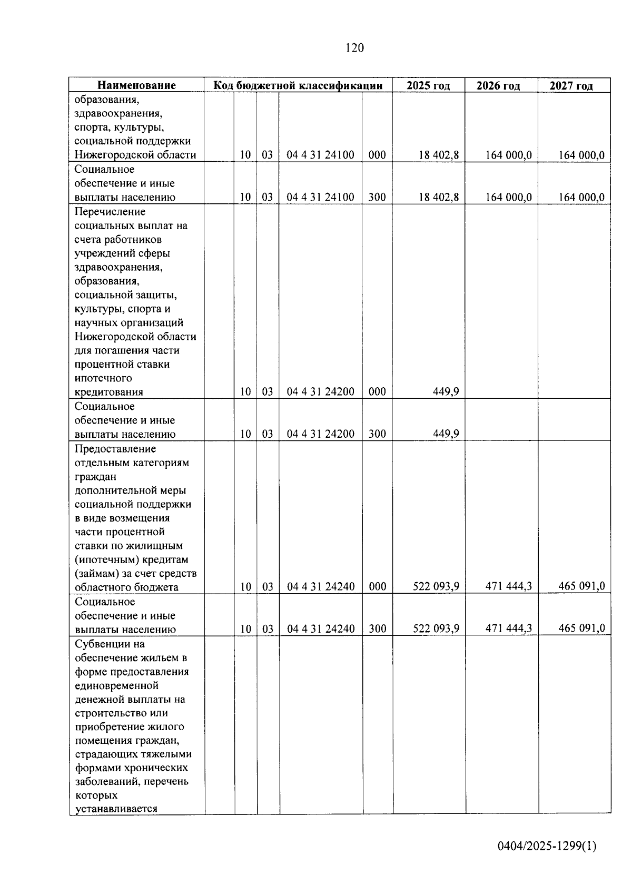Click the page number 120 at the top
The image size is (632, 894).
pos(354,48)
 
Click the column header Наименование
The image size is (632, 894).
pos(136,85)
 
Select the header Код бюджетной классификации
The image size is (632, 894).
pos(298,85)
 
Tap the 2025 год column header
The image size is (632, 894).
pos(428,85)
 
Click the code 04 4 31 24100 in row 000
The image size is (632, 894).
pos(320,155)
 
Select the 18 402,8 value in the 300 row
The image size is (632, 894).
pos(439,197)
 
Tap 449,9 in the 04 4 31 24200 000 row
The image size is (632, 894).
pos(446,391)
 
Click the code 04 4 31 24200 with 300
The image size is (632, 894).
pos(320,434)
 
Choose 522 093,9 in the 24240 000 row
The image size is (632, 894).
pos(436,586)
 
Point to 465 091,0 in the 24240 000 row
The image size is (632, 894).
pos(581,586)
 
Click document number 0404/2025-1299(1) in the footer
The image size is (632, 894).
pos(547,846)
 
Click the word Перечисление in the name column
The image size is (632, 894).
pos(110,212)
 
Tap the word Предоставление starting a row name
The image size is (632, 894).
pos(115,449)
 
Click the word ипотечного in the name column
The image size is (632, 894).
pos(103,378)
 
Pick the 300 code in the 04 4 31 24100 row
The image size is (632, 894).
pos(377,197)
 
